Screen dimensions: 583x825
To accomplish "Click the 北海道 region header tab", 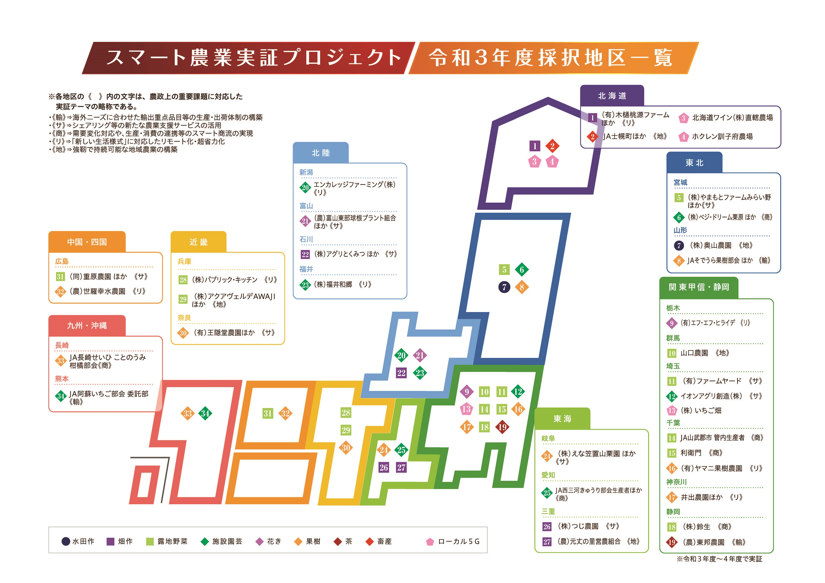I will [612, 96].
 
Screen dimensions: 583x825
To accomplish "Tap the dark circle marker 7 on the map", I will [504, 287].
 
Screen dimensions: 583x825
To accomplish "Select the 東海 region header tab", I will [562, 419].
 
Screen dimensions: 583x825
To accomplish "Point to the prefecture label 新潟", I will [306, 172].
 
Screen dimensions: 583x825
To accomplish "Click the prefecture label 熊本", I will [62, 379].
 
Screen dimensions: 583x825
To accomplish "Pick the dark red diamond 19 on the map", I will [502, 427].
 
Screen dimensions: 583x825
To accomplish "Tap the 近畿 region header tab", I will [198, 242].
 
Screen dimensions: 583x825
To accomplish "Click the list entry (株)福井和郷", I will [333, 285].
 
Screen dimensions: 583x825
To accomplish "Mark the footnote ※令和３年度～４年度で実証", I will [719, 559].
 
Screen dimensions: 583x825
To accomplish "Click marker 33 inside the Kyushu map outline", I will [187, 413].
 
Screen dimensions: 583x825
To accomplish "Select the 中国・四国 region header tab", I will [87, 242].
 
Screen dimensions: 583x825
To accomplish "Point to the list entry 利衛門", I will [691, 453].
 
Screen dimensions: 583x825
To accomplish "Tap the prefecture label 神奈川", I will [676, 482].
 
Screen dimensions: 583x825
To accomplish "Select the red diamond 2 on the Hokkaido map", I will [552, 146].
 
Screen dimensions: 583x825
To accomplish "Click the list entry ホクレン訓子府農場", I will [722, 137].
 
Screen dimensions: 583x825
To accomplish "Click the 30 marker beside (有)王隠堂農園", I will [183, 333].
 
